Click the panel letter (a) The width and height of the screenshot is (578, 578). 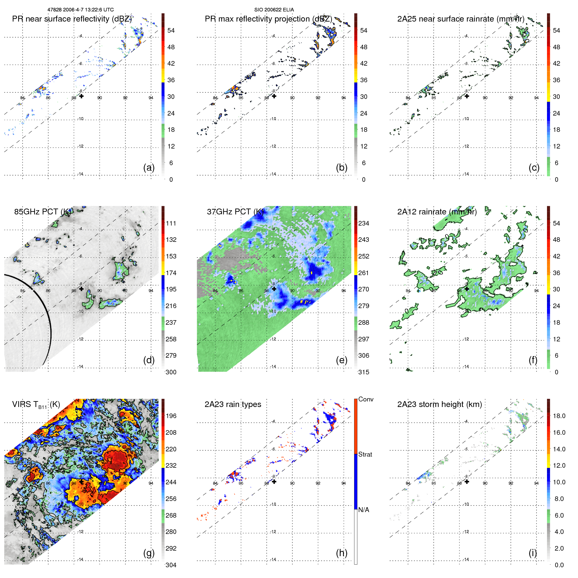click(x=149, y=167)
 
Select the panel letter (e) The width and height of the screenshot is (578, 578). click(x=341, y=360)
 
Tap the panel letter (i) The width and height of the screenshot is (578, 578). click(x=533, y=553)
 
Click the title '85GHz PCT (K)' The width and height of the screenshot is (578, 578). click(x=42, y=211)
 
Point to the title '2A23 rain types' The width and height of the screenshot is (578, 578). click(x=233, y=404)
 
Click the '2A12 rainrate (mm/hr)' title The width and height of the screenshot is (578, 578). click(x=437, y=211)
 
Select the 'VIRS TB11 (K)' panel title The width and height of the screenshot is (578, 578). click(x=36, y=405)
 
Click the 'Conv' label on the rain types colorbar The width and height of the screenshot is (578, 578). click(x=366, y=399)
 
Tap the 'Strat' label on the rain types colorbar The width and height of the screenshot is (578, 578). click(x=365, y=454)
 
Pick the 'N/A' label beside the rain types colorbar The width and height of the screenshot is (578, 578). click(x=364, y=510)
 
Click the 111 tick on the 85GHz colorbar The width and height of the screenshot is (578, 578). click(x=171, y=223)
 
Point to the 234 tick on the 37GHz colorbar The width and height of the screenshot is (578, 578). click(x=364, y=223)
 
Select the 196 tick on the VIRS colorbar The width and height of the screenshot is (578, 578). click(x=171, y=416)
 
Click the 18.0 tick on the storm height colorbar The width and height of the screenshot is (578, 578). click(x=559, y=416)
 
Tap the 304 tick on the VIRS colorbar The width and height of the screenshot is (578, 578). click(x=171, y=565)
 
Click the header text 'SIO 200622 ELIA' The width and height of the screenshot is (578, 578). click(x=274, y=10)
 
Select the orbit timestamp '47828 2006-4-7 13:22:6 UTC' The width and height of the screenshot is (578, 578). click(x=81, y=10)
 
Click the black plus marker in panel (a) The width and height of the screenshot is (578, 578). click(x=81, y=96)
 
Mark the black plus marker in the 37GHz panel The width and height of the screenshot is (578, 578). click(x=274, y=289)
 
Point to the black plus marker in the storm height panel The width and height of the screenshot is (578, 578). click(x=467, y=481)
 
